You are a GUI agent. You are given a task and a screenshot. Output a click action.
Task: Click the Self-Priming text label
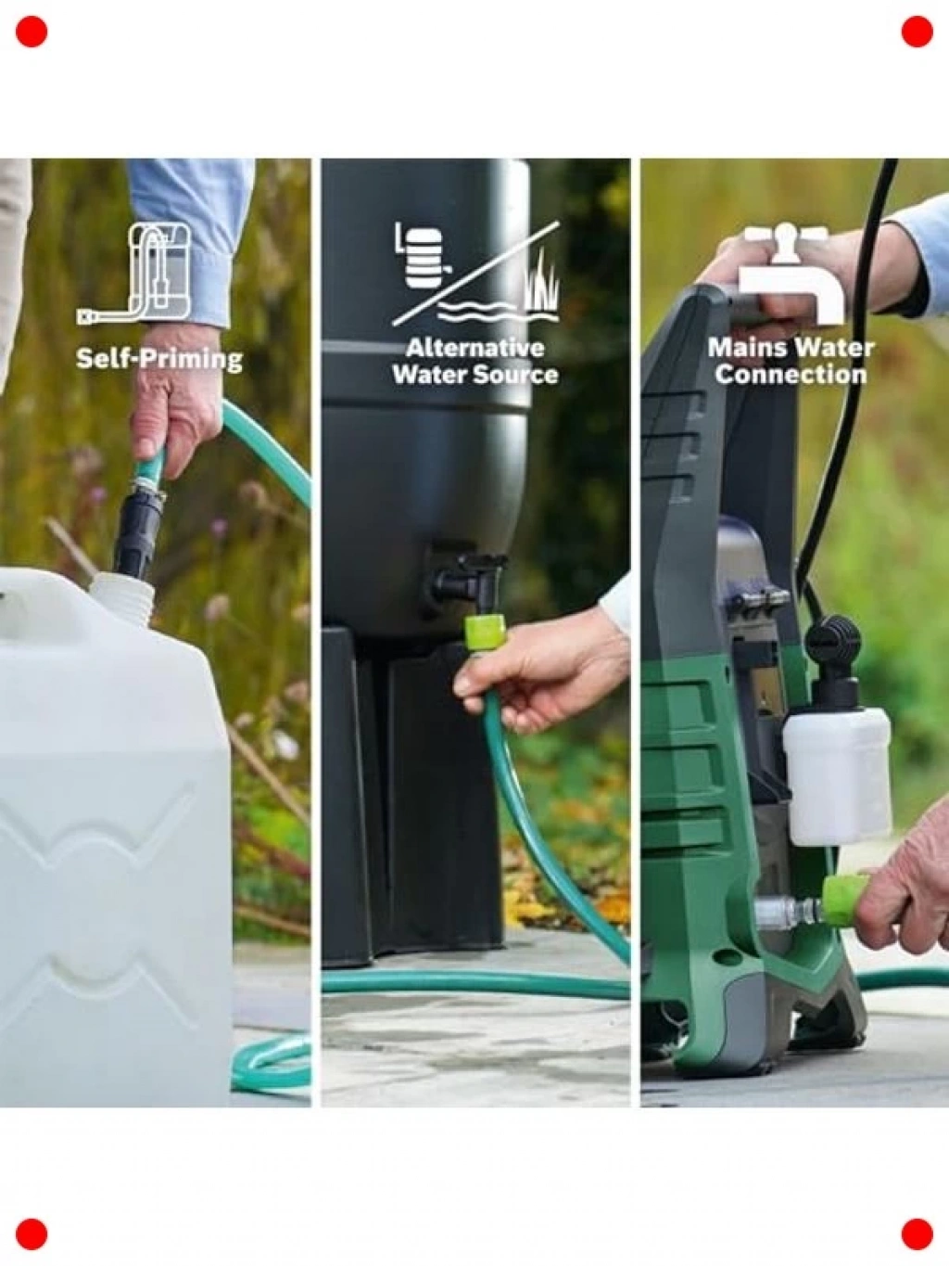[x=159, y=359]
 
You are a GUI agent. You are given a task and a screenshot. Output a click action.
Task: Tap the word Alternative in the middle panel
[x=474, y=348]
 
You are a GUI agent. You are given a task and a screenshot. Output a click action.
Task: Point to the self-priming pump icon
[x=133, y=273]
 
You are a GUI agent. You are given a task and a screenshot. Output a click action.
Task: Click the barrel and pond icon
[x=476, y=273]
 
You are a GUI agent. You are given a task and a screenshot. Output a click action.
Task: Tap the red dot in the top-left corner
[x=32, y=32]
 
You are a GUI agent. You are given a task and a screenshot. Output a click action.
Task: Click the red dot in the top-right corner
[x=917, y=32]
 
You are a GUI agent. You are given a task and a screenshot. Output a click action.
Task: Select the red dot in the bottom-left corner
[x=32, y=1234]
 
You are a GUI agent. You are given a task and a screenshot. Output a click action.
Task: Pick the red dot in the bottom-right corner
[x=917, y=1234]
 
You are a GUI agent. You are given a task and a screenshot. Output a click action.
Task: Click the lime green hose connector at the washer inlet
[x=841, y=899]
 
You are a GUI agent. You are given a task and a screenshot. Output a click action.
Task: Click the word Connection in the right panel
[x=791, y=375]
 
